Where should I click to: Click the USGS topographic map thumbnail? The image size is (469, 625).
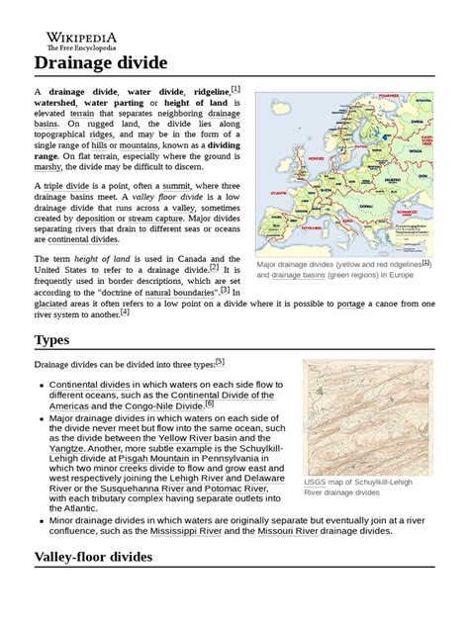353,415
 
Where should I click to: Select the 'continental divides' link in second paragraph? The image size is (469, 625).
76,239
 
